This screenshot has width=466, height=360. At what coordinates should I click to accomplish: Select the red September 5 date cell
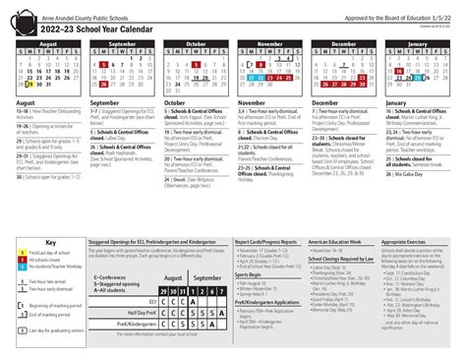click(104, 66)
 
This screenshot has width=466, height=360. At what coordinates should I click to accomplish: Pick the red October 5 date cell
click(202, 59)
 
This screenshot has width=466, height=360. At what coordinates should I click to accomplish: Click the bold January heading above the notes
click(395, 102)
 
